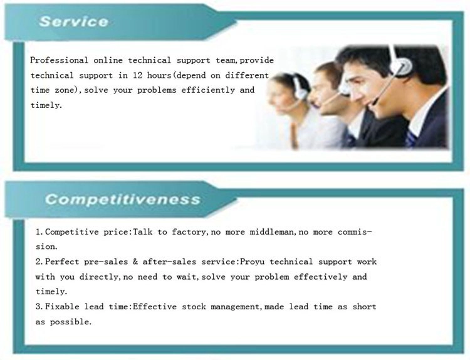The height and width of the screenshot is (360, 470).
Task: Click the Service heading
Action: click(x=73, y=21)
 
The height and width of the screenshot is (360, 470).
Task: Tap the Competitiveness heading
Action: click(x=123, y=199)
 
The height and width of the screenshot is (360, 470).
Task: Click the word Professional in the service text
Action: click(x=59, y=60)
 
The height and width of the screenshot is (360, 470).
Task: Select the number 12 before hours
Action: click(x=138, y=75)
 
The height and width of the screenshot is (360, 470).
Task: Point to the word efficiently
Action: click(x=208, y=90)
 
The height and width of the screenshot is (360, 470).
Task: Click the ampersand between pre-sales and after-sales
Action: click(x=135, y=262)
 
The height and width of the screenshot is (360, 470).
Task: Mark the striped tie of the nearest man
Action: click(x=410, y=139)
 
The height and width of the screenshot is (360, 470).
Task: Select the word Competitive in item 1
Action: click(x=71, y=232)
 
